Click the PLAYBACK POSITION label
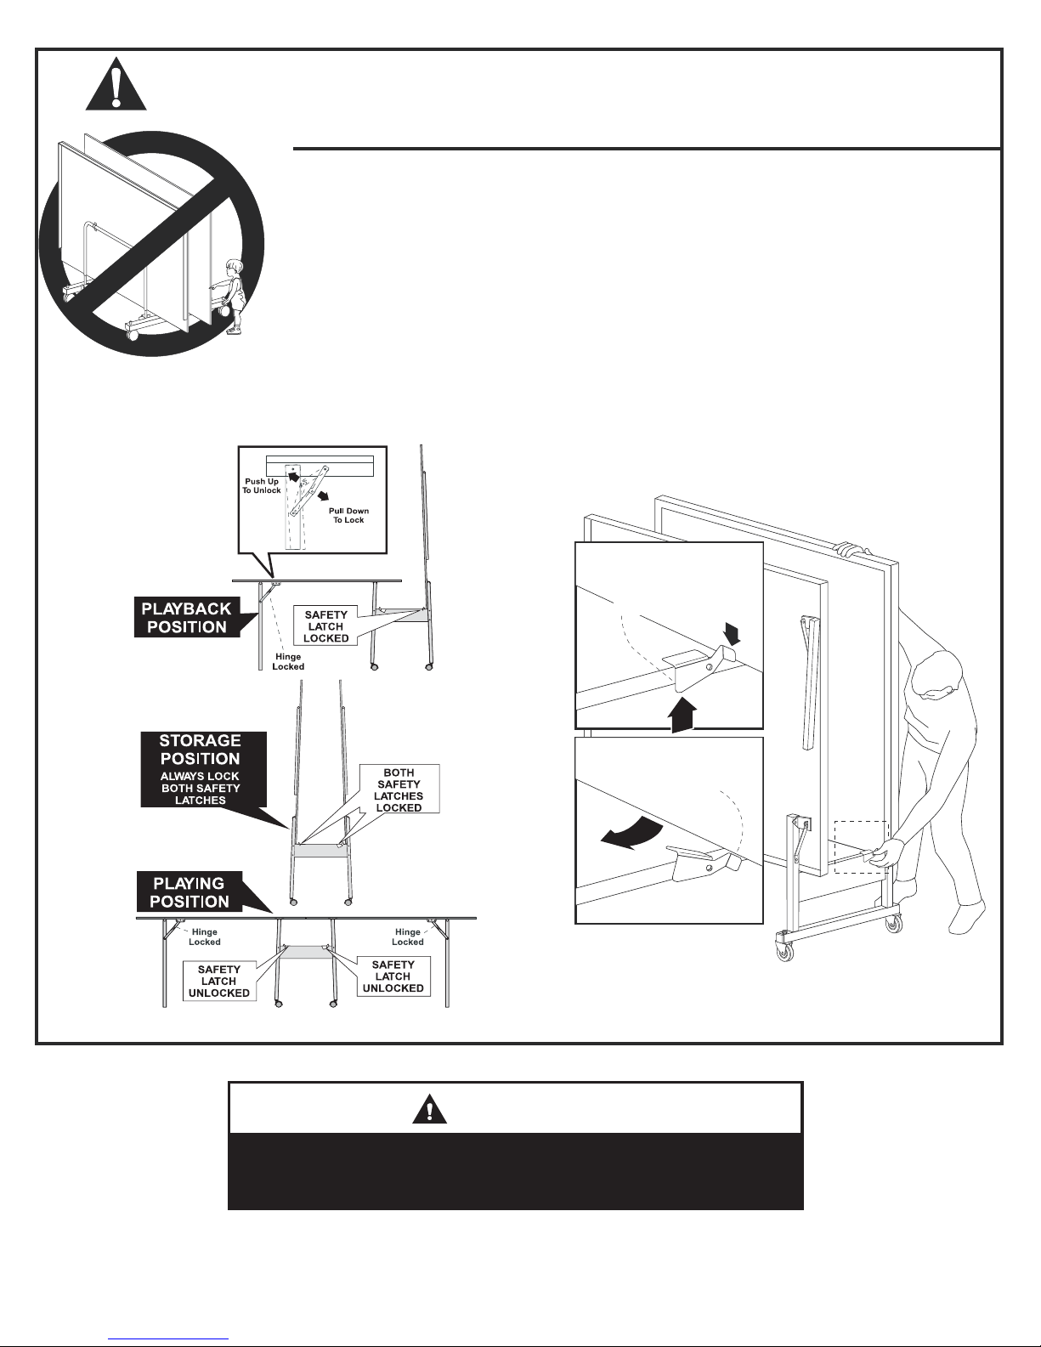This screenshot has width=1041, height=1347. (x=187, y=617)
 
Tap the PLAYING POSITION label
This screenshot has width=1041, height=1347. (x=190, y=892)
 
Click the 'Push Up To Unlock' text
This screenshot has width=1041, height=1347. (x=262, y=485)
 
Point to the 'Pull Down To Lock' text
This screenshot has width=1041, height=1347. (x=349, y=515)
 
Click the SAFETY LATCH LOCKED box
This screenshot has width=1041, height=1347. (x=326, y=626)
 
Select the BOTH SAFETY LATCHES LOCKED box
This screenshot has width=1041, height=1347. (x=399, y=790)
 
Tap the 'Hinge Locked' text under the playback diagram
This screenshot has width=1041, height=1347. (x=288, y=661)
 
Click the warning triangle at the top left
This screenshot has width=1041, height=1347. (x=116, y=84)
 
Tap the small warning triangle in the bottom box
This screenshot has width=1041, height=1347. (x=429, y=1109)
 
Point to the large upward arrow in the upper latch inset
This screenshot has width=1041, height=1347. (x=682, y=715)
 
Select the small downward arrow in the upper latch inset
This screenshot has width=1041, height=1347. (x=732, y=633)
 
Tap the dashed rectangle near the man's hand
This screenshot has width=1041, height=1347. (x=862, y=846)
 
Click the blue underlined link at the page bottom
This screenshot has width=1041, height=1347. (x=168, y=1338)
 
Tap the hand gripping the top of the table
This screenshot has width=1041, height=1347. (x=850, y=550)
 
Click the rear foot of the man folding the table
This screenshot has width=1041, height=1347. (x=967, y=918)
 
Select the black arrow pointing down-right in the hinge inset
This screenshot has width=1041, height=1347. (x=323, y=496)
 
